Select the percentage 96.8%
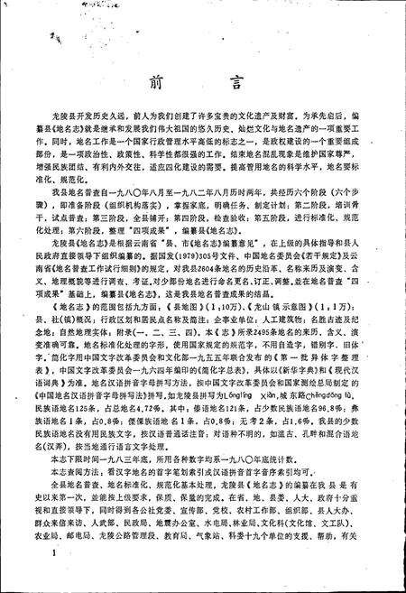(x=359, y=415)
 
